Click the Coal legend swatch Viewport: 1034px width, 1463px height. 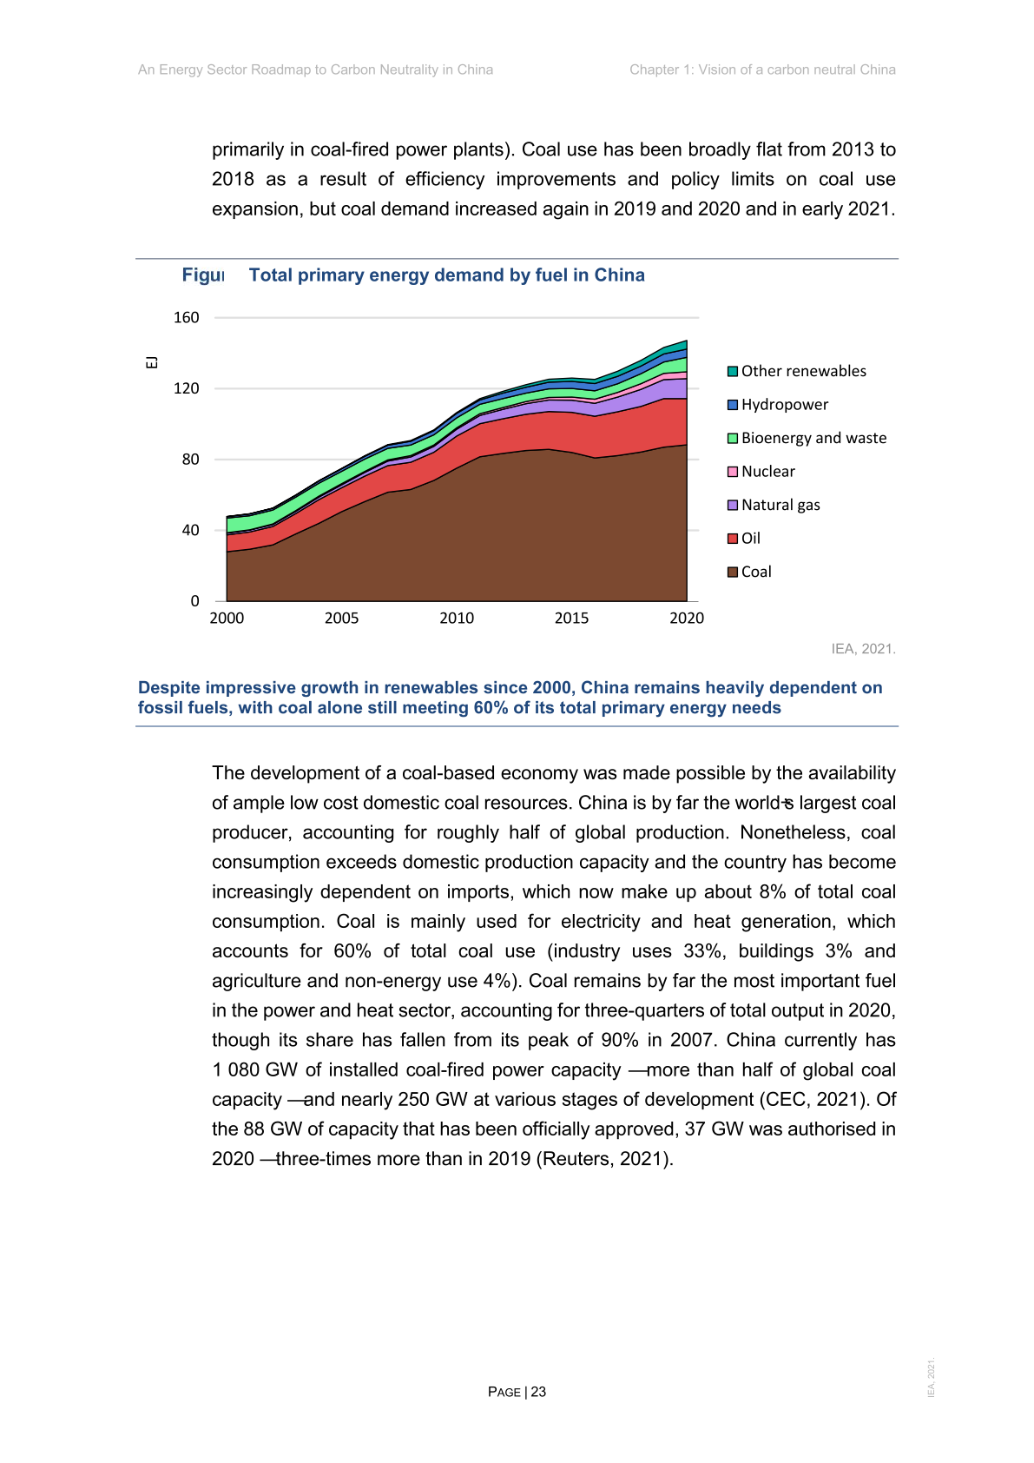tap(733, 572)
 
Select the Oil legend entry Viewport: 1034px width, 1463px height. tap(750, 539)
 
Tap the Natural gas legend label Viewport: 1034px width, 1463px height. tap(780, 505)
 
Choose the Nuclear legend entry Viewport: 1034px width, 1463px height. tap(767, 472)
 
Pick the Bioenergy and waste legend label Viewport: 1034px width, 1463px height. tap(813, 438)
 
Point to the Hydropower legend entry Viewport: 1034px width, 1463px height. tap(784, 405)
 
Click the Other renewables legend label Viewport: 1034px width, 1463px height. tap(803, 371)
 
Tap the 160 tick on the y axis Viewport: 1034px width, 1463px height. tap(187, 318)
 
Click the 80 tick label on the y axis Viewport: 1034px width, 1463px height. tap(190, 460)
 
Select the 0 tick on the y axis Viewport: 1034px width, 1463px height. tap(194, 601)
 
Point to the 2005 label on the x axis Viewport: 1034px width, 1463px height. tap(342, 619)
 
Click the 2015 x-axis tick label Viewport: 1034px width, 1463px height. tap(571, 619)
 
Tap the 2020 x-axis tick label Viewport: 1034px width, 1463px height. tap(687, 619)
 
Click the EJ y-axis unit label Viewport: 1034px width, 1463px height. tap(152, 362)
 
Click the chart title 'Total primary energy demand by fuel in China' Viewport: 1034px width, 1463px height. tap(446, 275)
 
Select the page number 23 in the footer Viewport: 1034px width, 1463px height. tap(538, 1392)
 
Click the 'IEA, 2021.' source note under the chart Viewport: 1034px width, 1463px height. tap(863, 649)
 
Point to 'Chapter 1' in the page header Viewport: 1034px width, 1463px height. tap(659, 70)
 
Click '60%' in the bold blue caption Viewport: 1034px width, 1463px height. tap(491, 708)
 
